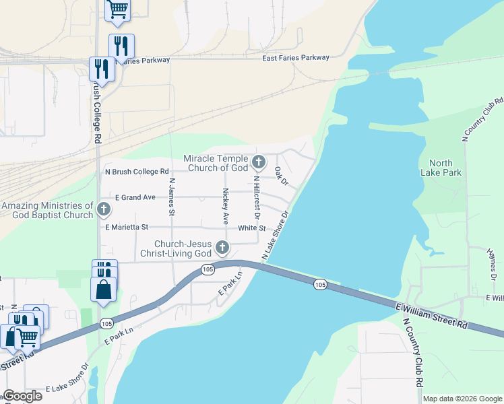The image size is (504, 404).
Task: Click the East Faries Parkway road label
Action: click(296, 58)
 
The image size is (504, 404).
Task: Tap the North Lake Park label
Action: click(445, 168)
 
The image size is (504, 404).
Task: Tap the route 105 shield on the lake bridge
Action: click(320, 285)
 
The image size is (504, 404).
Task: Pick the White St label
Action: click(252, 228)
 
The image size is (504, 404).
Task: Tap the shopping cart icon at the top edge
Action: click(118, 8)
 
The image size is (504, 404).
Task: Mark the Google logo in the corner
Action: click(22, 396)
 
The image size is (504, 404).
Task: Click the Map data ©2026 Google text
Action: click(462, 399)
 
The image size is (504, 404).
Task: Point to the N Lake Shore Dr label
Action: click(276, 236)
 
